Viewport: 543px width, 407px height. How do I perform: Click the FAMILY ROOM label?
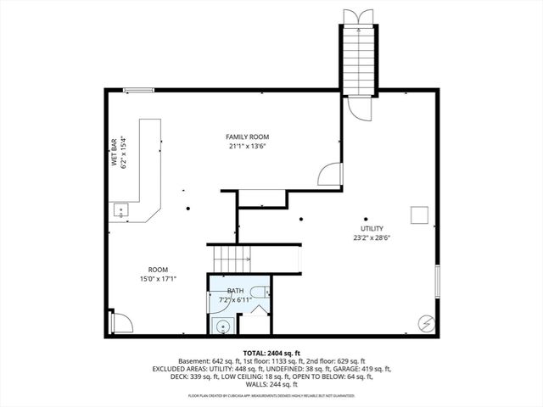247,137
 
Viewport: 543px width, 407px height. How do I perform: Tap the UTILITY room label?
372,228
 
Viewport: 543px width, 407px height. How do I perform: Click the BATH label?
234,291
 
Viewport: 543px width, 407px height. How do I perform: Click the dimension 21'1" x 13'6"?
247,146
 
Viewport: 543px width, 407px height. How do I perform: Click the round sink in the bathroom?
222,325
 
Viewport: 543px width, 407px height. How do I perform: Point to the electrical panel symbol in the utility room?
425,323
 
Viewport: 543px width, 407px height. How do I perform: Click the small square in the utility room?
418,215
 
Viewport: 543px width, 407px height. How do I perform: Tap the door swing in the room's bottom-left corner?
120,321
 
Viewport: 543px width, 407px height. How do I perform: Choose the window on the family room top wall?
137,90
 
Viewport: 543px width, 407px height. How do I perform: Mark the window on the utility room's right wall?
438,282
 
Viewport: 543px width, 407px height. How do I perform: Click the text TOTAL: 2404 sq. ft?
271,352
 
